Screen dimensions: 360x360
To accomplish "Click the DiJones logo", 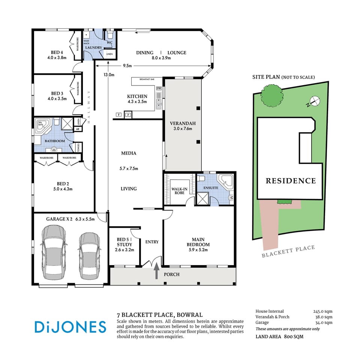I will click(x=70, y=326).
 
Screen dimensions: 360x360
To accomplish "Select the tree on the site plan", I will click(x=270, y=96).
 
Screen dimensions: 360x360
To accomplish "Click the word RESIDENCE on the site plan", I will click(x=291, y=181).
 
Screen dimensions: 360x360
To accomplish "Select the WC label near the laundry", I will click(x=109, y=43).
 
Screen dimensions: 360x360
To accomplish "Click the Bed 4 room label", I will click(x=57, y=55).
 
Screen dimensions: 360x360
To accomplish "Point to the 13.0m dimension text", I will click(x=109, y=75).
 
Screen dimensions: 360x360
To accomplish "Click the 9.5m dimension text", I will click(x=127, y=66).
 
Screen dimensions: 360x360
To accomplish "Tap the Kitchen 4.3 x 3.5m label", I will click(x=137, y=99).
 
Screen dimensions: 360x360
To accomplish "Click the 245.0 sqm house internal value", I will click(x=322, y=311).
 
